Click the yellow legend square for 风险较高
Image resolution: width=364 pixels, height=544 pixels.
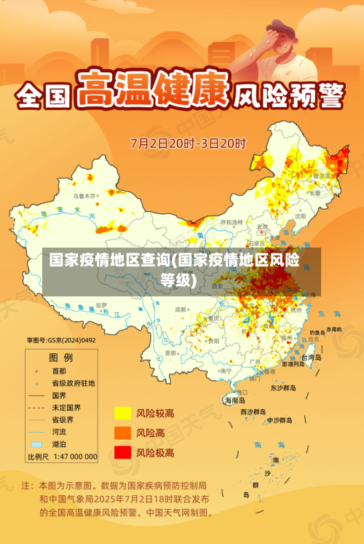pyautogui.click(x=122, y=413)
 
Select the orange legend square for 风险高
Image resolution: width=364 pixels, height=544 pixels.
pyautogui.click(x=122, y=433)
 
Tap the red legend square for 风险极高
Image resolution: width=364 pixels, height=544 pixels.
pyautogui.click(x=122, y=452)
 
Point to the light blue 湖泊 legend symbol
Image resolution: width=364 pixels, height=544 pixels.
pyautogui.click(x=36, y=444)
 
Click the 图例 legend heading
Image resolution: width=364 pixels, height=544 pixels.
pyautogui.click(x=60, y=358)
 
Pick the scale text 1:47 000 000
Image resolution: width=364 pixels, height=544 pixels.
pyautogui.click(x=72, y=457)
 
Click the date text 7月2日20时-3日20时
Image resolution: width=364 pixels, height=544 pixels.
pyautogui.click(x=189, y=143)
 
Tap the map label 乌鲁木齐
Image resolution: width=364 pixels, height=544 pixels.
pyautogui.click(x=84, y=196)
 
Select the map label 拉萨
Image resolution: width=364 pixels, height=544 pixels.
pyautogui.click(x=101, y=304)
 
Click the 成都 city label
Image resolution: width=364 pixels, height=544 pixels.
pyautogui.click(x=181, y=310)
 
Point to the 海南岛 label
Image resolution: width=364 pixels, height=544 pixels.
pyautogui.click(x=235, y=400)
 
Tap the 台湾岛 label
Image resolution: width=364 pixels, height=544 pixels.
pyautogui.click(x=311, y=358)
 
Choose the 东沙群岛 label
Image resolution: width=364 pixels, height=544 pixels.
pyautogui.click(x=283, y=387)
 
